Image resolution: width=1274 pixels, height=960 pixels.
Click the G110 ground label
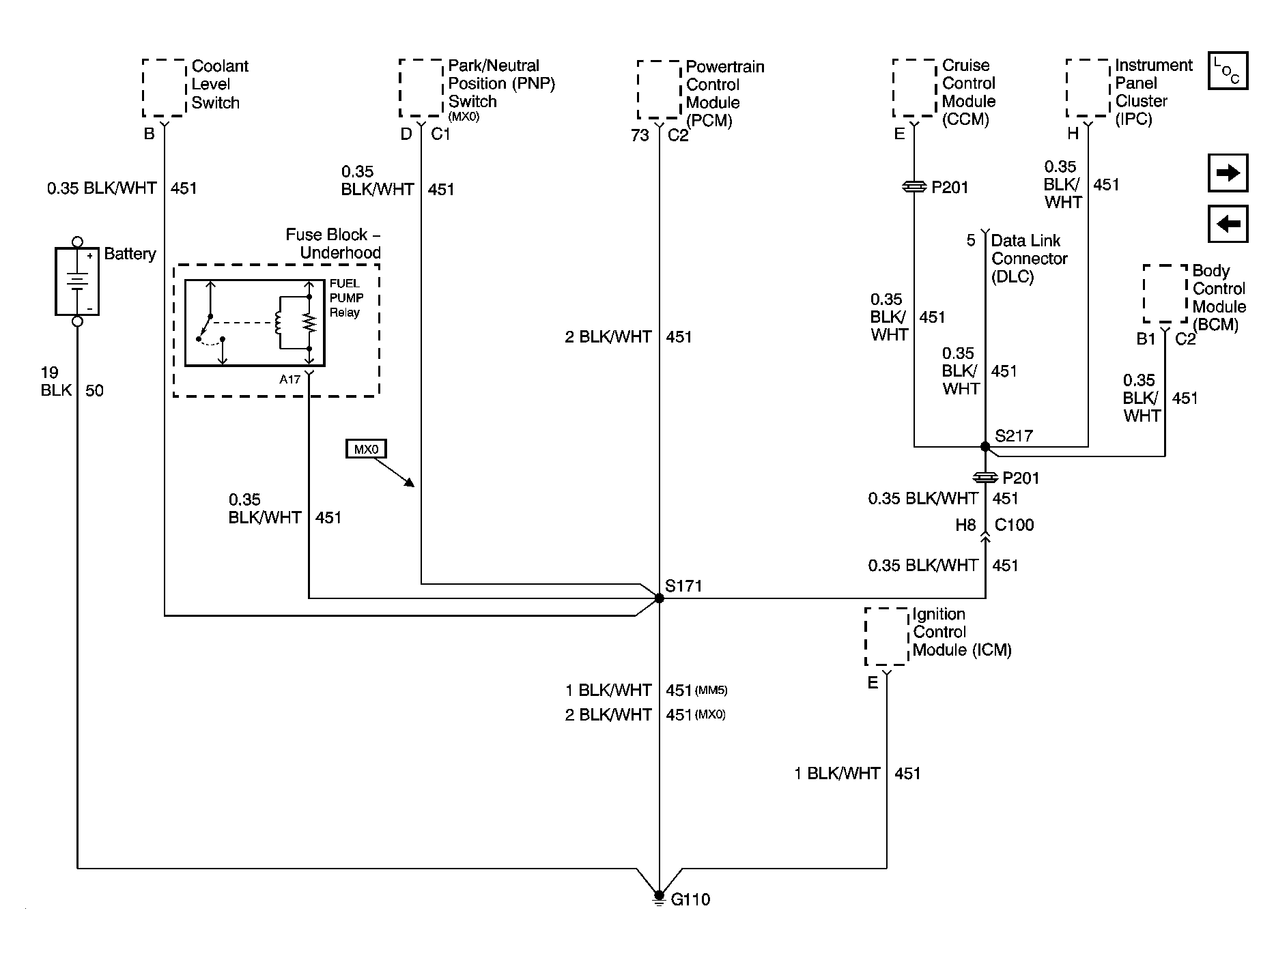690,899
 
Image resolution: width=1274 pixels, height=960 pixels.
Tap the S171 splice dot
659,598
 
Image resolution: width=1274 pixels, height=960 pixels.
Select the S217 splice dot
985,447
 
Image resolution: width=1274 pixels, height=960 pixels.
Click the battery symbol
77,281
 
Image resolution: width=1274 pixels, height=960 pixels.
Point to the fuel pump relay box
255,323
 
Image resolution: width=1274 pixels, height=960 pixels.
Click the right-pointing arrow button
1228,173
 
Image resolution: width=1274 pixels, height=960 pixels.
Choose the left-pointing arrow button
1228,224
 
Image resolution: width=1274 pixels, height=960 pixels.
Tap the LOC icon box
1228,71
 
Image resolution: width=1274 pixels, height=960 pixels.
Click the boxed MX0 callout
366,449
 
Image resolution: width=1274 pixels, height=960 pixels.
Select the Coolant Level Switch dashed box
164,88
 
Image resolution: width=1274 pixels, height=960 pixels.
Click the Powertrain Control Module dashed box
659,90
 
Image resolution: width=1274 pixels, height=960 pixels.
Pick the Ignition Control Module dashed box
886,637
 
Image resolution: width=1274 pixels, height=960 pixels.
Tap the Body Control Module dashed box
1165,294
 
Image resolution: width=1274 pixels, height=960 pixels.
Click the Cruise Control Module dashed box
914,88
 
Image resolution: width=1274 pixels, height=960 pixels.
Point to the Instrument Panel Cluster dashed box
1088,88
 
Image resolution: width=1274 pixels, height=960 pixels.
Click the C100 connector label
1014,525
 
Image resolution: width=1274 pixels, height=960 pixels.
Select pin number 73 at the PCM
640,136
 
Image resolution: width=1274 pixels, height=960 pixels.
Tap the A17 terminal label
289,379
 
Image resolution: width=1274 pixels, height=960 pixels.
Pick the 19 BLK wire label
56,381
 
